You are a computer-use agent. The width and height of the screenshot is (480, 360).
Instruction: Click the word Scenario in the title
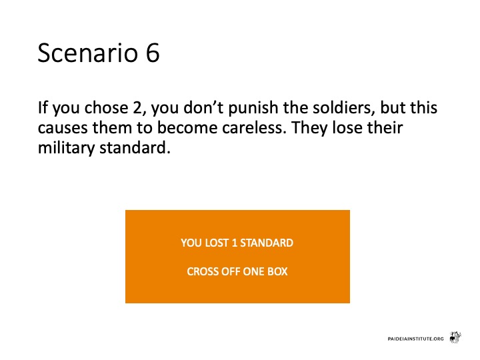tap(88, 53)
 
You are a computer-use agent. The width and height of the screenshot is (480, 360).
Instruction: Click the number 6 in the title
tap(153, 53)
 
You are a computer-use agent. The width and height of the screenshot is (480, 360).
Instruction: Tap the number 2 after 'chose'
tap(137, 108)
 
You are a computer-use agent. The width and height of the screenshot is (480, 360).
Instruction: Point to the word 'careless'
tap(254, 127)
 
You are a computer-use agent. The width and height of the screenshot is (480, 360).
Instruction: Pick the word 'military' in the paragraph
tap(66, 148)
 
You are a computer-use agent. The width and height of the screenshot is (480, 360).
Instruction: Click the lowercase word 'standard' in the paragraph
tap(135, 147)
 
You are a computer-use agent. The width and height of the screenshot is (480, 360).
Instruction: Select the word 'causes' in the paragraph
tap(63, 128)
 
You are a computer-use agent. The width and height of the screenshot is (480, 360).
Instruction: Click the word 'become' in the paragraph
tap(187, 127)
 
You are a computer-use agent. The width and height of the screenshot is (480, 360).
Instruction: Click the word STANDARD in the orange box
tap(267, 243)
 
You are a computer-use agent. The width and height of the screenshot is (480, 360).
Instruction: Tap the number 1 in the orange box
tap(235, 243)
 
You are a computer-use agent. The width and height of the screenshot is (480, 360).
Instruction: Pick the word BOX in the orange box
tap(277, 271)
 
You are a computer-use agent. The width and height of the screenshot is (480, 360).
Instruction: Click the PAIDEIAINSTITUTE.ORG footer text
tap(415, 339)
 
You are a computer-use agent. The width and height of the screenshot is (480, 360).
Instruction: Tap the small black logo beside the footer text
tap(455, 337)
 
